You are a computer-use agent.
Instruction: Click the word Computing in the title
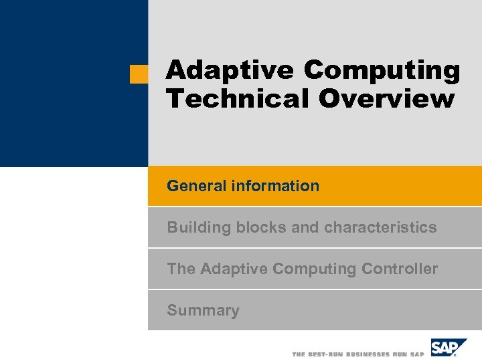tap(382, 70)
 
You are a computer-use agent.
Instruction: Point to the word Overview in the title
tap(386, 98)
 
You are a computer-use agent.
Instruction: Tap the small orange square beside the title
tap(139, 74)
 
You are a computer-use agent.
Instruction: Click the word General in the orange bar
tap(197, 186)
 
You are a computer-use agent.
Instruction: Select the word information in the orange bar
tap(275, 186)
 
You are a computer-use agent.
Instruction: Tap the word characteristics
tap(380, 227)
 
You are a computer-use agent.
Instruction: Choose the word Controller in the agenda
tap(400, 269)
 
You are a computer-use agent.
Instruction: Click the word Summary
tap(203, 310)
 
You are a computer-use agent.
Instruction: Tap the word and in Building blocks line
tap(305, 227)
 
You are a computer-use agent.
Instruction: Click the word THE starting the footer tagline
tap(299, 354)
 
